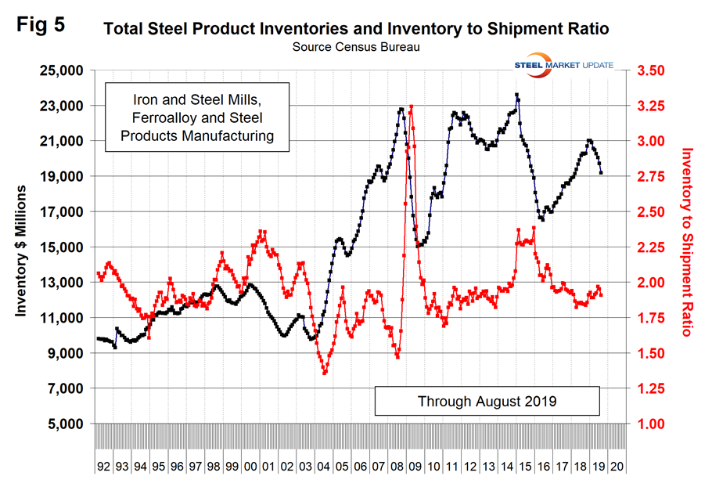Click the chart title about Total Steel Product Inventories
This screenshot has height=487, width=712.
click(x=356, y=31)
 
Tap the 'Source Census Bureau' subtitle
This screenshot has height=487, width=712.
click(x=355, y=47)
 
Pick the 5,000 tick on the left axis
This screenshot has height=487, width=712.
click(x=66, y=424)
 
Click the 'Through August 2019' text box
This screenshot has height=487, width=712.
click(x=487, y=401)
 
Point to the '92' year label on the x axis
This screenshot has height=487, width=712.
click(x=103, y=465)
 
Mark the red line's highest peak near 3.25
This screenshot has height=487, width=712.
click(x=411, y=106)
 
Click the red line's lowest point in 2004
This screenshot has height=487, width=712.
click(x=324, y=373)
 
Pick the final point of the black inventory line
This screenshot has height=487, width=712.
click(x=601, y=173)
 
